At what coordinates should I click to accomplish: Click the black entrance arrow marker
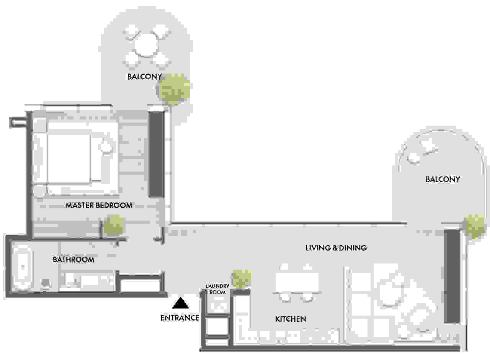click(x=180, y=303)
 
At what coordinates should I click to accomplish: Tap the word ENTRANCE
click(x=180, y=318)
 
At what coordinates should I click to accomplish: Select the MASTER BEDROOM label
click(x=99, y=205)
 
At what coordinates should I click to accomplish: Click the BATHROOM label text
click(x=73, y=260)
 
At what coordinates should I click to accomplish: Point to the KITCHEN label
click(x=291, y=319)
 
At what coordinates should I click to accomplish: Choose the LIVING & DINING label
click(x=336, y=248)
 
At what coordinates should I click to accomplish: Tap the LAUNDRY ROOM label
click(x=217, y=289)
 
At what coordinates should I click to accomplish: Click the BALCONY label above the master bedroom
click(x=145, y=77)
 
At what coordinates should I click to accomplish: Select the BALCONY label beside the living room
click(x=443, y=179)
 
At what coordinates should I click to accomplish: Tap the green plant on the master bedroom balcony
click(x=174, y=88)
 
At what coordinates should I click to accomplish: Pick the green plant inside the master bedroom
click(x=113, y=223)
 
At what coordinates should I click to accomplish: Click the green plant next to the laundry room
click(x=242, y=279)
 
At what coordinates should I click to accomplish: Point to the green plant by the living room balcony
click(x=474, y=226)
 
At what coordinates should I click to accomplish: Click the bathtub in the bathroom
click(x=23, y=267)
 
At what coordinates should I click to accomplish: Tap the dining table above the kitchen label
click(x=297, y=282)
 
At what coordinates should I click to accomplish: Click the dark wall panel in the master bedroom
click(x=156, y=154)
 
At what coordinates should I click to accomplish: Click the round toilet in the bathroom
click(x=46, y=283)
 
